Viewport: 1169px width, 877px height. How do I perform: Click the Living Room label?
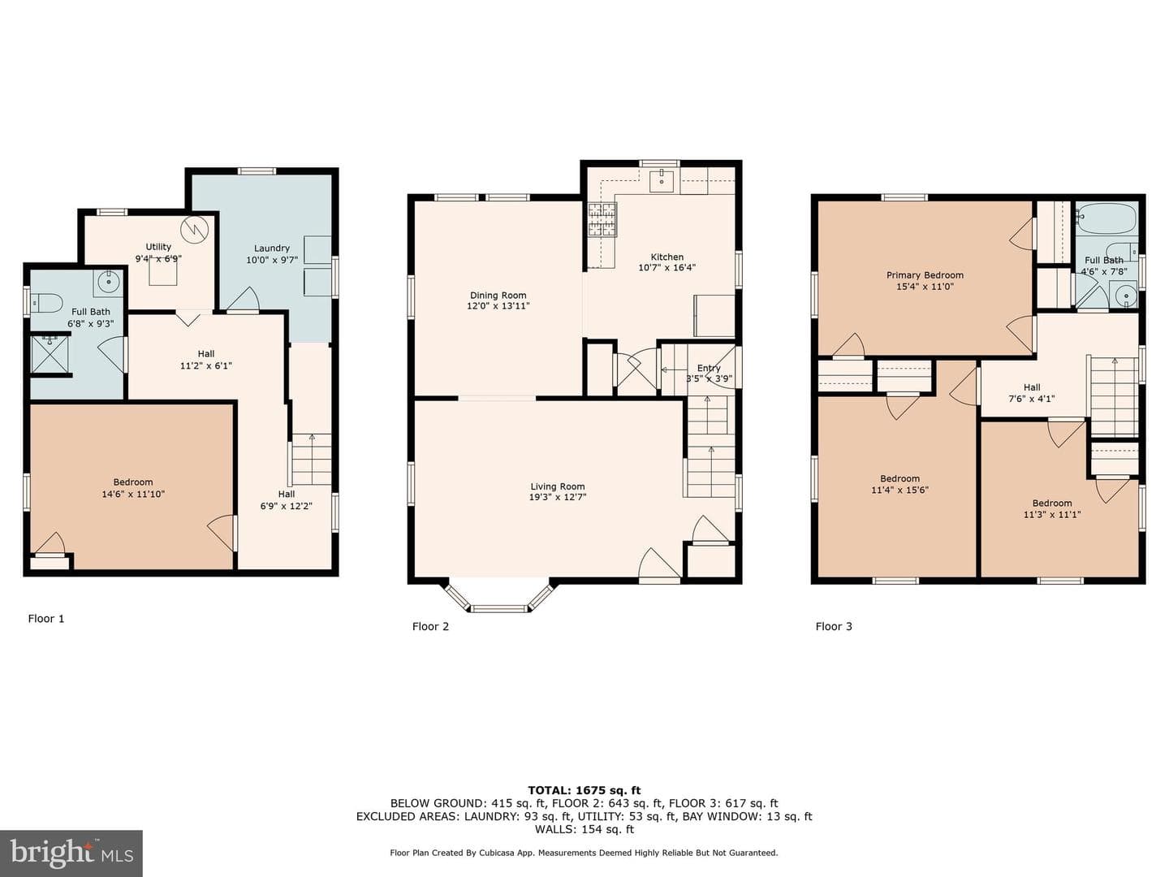(x=557, y=486)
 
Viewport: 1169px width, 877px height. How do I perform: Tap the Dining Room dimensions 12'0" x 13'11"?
(x=498, y=306)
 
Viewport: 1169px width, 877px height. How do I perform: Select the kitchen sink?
(x=662, y=180)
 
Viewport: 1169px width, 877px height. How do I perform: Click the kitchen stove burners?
(x=602, y=219)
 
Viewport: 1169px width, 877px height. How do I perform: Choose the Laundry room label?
(x=272, y=248)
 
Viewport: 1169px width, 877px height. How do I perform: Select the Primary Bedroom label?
(x=925, y=275)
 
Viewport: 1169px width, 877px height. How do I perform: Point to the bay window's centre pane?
(x=499, y=608)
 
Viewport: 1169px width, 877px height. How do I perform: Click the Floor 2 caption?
(x=430, y=626)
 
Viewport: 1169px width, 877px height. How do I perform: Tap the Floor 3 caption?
(x=834, y=626)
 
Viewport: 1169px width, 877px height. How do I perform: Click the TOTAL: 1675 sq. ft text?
(x=584, y=790)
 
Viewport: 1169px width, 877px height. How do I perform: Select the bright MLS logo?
(x=71, y=853)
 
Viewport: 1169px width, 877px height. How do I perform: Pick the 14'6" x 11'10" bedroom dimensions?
(x=133, y=495)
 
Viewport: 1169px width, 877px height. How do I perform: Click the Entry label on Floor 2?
(x=709, y=368)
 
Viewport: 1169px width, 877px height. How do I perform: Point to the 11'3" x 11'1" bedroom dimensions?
(x=1052, y=514)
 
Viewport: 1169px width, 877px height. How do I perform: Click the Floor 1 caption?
(x=45, y=618)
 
